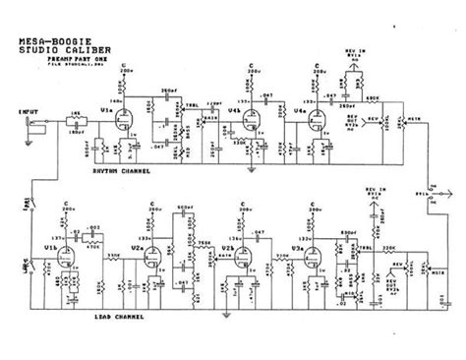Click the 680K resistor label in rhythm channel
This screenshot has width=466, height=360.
click(x=374, y=97)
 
